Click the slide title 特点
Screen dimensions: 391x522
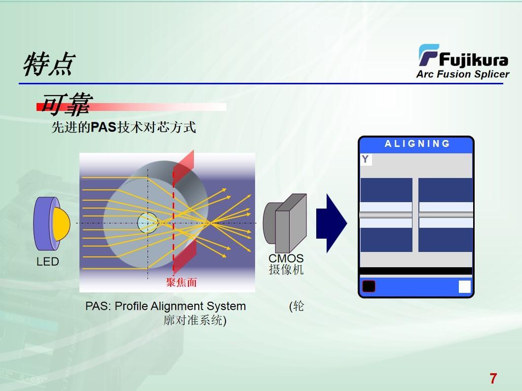tap(48, 65)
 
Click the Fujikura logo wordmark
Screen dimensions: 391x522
tap(473, 60)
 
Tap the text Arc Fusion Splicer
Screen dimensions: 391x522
tap(462, 74)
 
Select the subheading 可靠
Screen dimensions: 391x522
tap(66, 105)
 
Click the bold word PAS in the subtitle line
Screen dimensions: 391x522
tap(103, 128)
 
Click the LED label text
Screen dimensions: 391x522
tap(47, 262)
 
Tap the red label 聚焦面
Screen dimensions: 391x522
tap(181, 283)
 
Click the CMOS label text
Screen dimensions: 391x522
tap(286, 259)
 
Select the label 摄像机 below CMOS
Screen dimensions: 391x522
tap(286, 270)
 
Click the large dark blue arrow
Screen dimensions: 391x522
tap(331, 223)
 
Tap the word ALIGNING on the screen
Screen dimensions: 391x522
tap(417, 144)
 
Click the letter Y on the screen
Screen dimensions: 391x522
tap(365, 159)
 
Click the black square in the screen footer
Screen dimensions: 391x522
tap(369, 286)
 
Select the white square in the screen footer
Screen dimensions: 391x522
tap(464, 286)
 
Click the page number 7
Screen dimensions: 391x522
tap(493, 379)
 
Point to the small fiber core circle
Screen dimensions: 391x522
tap(147, 223)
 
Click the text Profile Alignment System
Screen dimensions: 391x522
tap(180, 306)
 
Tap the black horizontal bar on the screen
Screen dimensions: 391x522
tap(416, 271)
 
